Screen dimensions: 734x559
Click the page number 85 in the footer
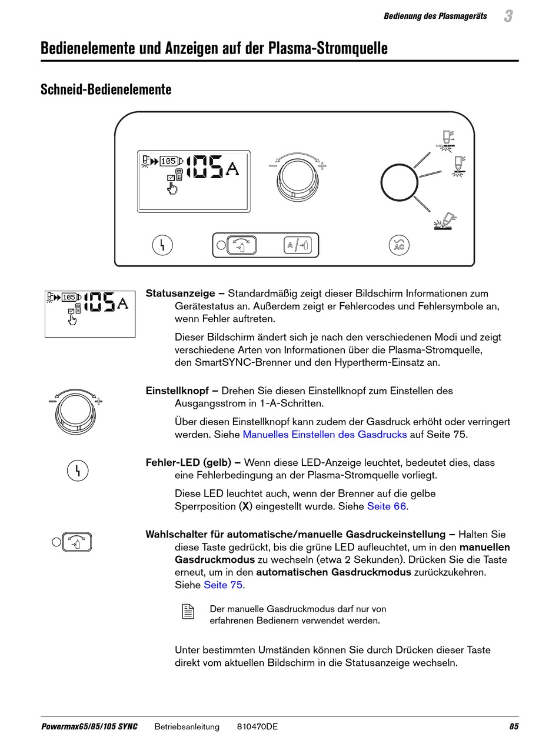514,726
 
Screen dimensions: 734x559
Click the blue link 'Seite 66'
387,506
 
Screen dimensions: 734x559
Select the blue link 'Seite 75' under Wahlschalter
223,585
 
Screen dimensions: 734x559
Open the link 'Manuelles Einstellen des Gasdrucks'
324,435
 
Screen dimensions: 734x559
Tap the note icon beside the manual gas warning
188,612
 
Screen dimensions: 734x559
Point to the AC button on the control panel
400,245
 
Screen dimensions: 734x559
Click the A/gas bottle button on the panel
297,245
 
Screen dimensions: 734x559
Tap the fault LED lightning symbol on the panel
162,245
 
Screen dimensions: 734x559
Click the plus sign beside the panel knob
322,166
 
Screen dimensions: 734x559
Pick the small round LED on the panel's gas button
221,245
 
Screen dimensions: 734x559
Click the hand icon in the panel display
172,188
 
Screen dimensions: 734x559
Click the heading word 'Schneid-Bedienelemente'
106,89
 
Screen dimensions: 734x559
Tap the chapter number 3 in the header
508,16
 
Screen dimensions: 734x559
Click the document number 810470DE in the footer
257,726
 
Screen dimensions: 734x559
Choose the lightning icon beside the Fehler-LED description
78,470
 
